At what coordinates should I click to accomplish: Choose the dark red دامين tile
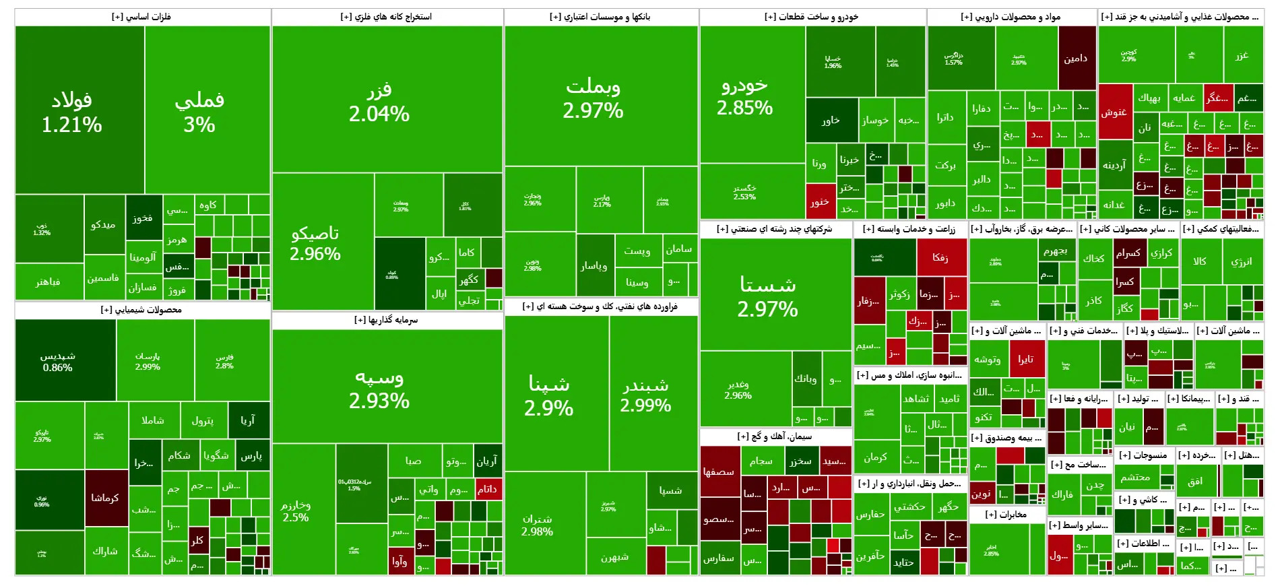(x=1077, y=58)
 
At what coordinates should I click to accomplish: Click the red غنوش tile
(x=1114, y=112)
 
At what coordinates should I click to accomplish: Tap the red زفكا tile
(x=941, y=257)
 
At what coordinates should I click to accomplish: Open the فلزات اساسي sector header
(x=142, y=17)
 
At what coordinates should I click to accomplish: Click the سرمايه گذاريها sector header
(x=387, y=320)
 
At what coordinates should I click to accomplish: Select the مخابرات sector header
(x=1006, y=515)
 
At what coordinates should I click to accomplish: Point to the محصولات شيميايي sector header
(x=142, y=310)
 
